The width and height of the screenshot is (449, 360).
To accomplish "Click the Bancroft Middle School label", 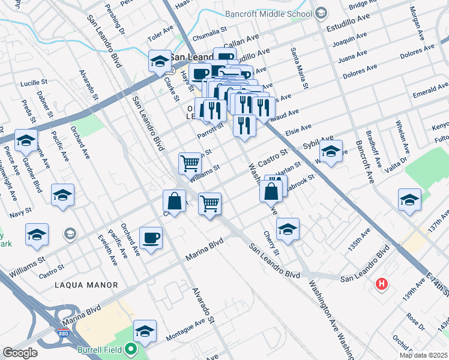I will [269, 13].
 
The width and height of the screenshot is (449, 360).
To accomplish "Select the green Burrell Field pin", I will [131, 349].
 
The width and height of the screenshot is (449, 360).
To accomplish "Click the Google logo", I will [20, 353].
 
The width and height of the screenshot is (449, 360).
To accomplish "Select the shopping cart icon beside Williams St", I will [190, 162].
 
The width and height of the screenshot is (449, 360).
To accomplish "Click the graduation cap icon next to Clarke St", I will [160, 61].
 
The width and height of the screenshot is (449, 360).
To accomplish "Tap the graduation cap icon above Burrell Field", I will [144, 330].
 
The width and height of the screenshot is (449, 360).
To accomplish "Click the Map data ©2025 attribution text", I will [423, 355].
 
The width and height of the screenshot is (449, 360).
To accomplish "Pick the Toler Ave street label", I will [160, 37].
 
